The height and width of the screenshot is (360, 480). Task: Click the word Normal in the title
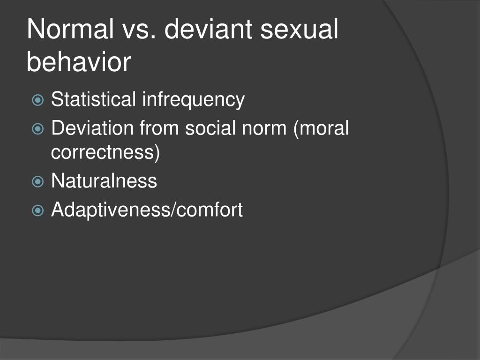tap(71, 30)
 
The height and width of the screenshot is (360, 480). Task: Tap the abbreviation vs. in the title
tap(143, 30)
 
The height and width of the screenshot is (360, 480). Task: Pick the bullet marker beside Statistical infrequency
tap(38, 100)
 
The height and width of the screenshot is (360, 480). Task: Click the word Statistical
tap(94, 99)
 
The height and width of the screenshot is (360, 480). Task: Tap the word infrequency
tap(194, 100)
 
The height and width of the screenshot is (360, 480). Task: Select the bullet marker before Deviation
tap(38, 128)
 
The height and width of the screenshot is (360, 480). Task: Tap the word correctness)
tap(105, 153)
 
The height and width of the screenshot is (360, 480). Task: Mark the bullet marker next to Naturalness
tap(38, 182)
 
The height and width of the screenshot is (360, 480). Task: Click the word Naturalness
tap(104, 181)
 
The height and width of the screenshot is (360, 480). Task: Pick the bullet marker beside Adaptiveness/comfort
tap(38, 210)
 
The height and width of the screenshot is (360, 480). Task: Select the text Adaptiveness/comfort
tap(147, 210)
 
